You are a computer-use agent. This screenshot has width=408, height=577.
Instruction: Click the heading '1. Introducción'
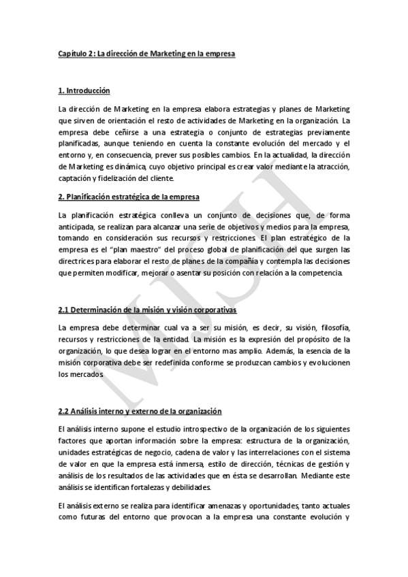coord(84,90)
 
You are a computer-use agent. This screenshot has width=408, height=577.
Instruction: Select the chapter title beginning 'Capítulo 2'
coord(146,52)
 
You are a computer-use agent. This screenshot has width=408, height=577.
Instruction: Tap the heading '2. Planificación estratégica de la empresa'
coord(129,197)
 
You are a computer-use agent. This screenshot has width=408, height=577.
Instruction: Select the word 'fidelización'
coord(119,179)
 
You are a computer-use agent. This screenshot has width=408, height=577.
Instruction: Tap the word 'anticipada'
coord(78,227)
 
